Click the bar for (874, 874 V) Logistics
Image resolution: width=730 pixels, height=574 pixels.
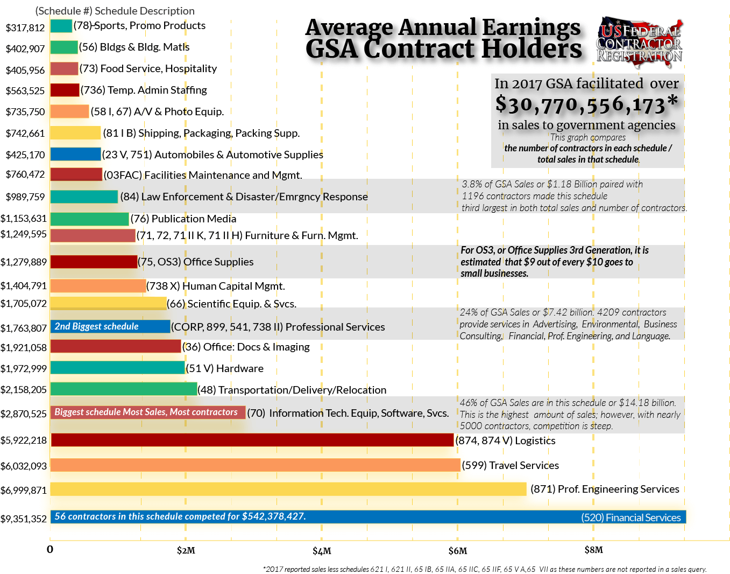click(252, 440)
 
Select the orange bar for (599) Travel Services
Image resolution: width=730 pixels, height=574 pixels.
click(255, 465)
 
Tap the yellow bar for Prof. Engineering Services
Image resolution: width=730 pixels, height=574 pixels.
click(288, 489)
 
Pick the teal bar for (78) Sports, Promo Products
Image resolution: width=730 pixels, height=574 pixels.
click(61, 26)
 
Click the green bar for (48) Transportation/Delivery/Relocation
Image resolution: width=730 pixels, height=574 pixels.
click(124, 389)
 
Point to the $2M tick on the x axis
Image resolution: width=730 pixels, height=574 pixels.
click(186, 550)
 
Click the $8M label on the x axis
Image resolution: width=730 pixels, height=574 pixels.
click(593, 550)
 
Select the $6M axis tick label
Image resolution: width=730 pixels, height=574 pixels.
click(458, 550)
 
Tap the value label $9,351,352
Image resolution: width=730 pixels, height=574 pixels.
click(24, 519)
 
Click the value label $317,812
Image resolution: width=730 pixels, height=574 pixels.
click(25, 27)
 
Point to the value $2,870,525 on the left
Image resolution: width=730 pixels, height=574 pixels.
click(24, 414)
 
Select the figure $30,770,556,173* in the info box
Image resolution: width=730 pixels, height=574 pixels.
click(586, 104)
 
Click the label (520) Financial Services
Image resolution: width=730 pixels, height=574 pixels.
click(630, 517)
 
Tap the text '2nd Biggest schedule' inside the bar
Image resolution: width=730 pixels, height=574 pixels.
click(97, 326)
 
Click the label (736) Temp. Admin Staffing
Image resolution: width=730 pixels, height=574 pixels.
click(144, 90)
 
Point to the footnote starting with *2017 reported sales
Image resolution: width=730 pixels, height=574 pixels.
click(484, 569)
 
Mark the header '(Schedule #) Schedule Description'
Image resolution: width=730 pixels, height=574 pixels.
click(115, 11)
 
